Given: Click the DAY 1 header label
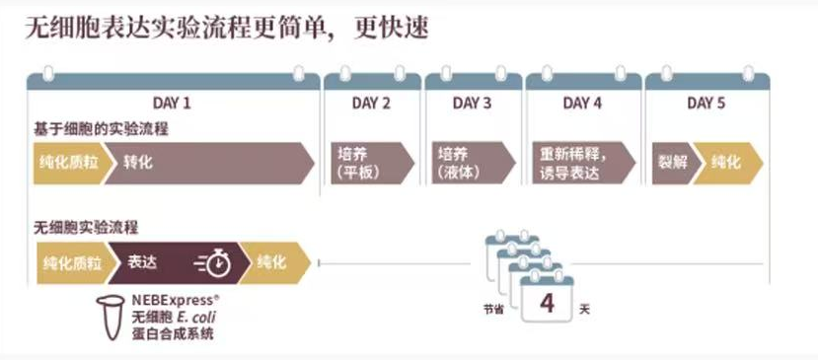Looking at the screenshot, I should [172, 103].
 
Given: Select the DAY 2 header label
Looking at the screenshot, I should [371, 103].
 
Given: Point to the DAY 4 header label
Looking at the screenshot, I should [582, 103].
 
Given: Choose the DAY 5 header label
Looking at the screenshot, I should [706, 103].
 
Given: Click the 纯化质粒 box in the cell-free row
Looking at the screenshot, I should [70, 262].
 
